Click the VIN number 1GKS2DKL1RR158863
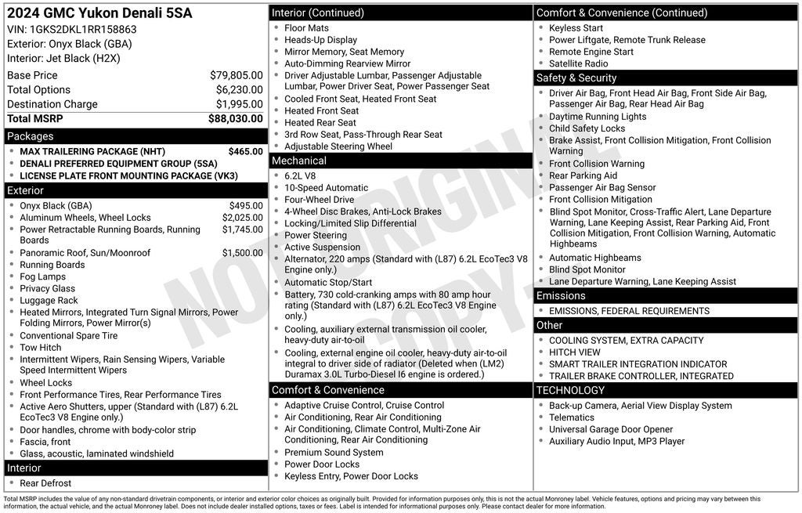(x=84, y=30)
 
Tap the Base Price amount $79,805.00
(x=236, y=75)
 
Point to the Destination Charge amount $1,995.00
(x=239, y=104)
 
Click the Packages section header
(x=31, y=136)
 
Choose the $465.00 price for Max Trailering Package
(x=245, y=151)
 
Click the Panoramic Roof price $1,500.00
(x=242, y=253)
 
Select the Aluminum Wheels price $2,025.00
(x=242, y=218)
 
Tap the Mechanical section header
(x=298, y=161)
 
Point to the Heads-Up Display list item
(x=320, y=40)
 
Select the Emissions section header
(x=561, y=296)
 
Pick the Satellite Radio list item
(x=578, y=63)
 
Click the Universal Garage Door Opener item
(x=610, y=429)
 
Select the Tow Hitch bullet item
(x=41, y=348)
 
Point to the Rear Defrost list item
(x=45, y=483)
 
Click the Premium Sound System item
(x=334, y=453)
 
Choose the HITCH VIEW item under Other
(x=575, y=352)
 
